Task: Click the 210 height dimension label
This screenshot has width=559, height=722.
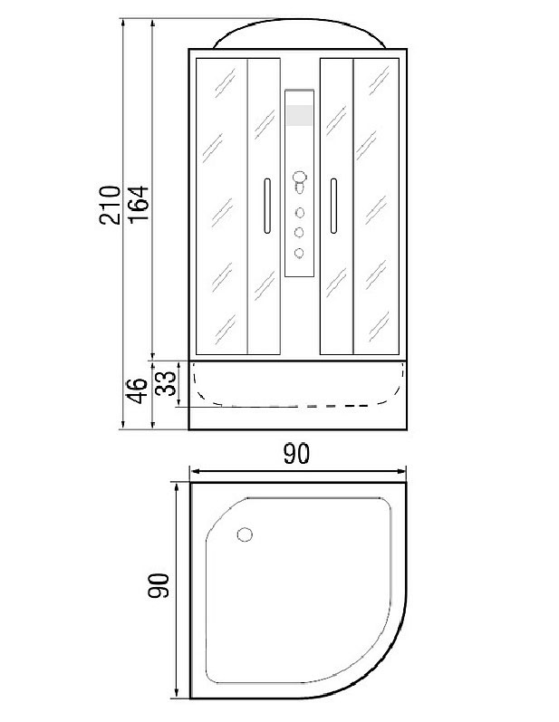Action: (x=110, y=205)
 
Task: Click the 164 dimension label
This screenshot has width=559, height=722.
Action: (x=138, y=205)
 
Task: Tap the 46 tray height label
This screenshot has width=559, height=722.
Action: (x=138, y=390)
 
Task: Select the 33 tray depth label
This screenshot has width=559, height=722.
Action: (x=166, y=383)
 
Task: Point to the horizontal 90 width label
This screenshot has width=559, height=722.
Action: (x=296, y=454)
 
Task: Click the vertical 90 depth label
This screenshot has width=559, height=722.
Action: (x=159, y=585)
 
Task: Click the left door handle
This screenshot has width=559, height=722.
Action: (x=266, y=206)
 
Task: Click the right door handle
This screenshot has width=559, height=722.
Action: (x=333, y=206)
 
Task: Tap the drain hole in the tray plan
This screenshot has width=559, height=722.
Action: (x=245, y=534)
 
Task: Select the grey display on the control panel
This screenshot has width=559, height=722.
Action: (x=299, y=115)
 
